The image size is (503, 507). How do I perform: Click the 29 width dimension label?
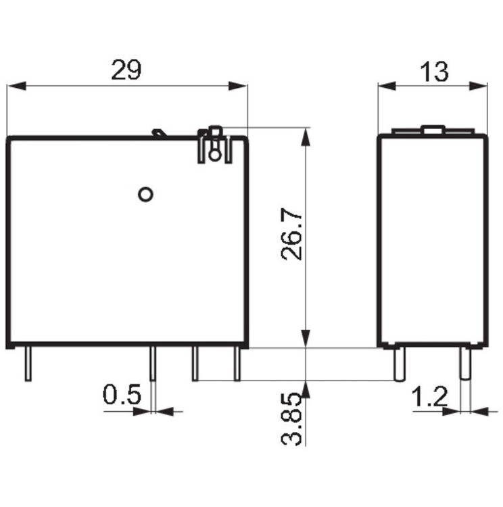126,70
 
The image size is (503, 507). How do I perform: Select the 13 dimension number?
434,72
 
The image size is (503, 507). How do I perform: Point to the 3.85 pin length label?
292,419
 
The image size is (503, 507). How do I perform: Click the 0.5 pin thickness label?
122,394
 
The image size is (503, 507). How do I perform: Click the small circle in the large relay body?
145,194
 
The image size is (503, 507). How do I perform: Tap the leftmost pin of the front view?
28,364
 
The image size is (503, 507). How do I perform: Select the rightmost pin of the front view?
237,364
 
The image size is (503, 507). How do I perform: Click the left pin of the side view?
399,364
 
